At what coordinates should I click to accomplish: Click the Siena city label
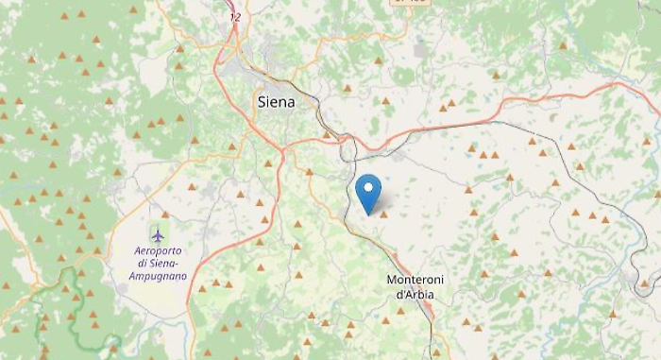coord(276,101)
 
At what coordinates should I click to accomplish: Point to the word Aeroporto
coord(158,250)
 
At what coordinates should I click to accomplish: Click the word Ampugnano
coord(158,276)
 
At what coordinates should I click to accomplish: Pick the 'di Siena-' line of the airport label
coord(158,264)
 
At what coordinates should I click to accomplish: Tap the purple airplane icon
coord(158,233)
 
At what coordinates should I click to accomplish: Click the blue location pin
coord(368,192)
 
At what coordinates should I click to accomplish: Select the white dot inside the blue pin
coord(368,187)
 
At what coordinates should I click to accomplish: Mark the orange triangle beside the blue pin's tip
coord(383,214)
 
